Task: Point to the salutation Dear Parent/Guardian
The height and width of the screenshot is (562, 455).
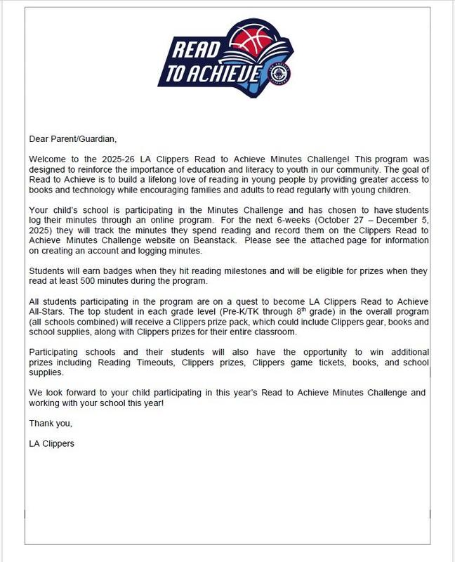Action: coord(72,139)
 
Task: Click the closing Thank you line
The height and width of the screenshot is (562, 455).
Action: coord(51,424)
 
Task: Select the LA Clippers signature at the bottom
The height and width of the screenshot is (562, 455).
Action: coord(51,444)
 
